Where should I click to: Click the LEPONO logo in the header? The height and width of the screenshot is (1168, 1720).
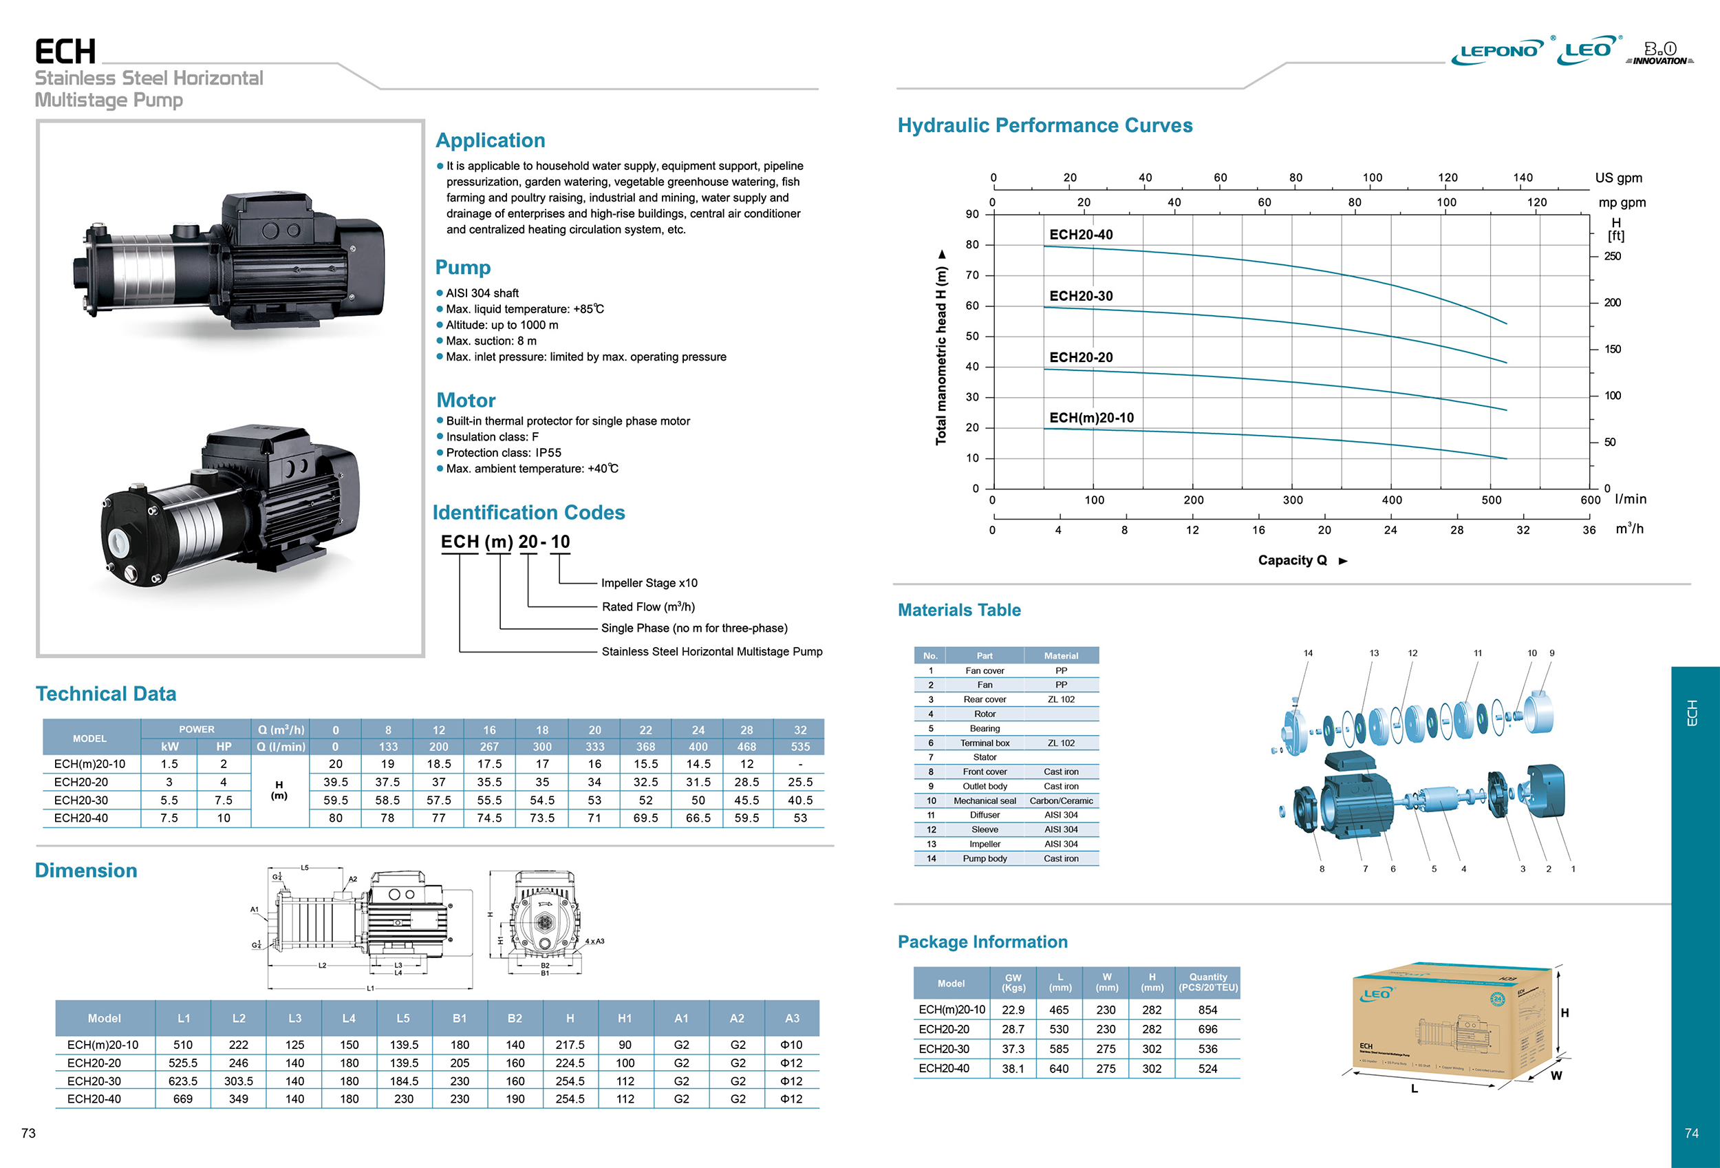coord(1497,51)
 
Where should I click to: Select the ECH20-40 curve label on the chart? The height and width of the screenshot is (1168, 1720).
coord(1081,235)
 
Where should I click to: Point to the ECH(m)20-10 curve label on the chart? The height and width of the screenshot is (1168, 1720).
coord(1091,418)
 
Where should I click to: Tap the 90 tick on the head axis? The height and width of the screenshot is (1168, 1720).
coord(971,214)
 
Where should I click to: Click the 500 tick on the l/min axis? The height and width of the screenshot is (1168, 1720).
coord(1491,500)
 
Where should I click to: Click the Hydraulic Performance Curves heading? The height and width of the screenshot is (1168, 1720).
coord(1044,125)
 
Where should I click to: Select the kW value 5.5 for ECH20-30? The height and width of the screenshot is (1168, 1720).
coord(169,800)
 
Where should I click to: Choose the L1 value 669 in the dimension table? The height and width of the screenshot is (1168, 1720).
coord(183,1099)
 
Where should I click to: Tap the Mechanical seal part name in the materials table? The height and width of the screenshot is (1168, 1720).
coord(985,801)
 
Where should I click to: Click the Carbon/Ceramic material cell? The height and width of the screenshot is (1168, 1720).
coord(1061,801)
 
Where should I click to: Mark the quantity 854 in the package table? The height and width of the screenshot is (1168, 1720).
coord(1207,1010)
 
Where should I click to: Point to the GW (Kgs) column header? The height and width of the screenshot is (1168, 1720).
coord(1013,982)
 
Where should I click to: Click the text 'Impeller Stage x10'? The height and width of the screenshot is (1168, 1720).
coord(649,583)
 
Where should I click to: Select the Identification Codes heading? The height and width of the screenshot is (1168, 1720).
coord(528,512)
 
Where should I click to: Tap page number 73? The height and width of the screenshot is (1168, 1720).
coord(28,1133)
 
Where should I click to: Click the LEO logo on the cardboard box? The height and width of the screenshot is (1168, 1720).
coord(1376,994)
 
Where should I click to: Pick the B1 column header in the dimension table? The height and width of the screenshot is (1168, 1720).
coord(460,1019)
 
